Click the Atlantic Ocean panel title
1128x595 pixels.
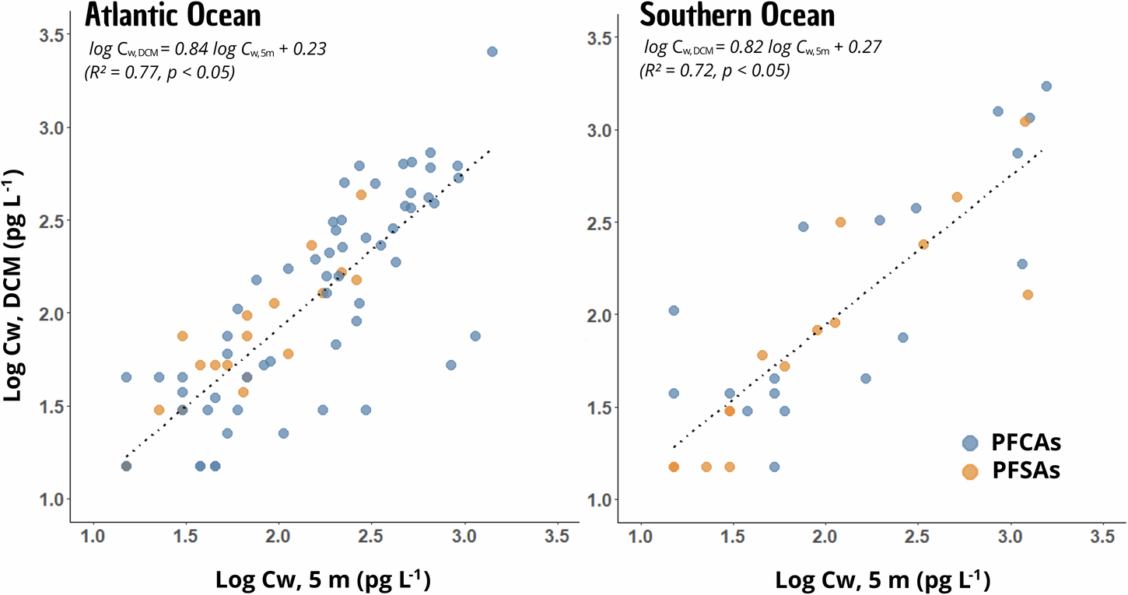pos(173,16)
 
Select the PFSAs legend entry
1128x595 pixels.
pos(1026,471)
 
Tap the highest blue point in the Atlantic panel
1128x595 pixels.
pos(492,51)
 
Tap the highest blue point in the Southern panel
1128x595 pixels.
pos(1046,86)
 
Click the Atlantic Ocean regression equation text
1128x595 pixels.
pos(207,49)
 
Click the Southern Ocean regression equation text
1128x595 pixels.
pos(762,48)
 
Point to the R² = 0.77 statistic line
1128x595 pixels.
pos(159,73)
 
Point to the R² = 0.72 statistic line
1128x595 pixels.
pos(714,72)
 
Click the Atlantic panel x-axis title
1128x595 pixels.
pos(323,579)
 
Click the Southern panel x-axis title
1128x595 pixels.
pos(882,579)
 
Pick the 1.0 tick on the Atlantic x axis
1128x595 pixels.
pos(93,537)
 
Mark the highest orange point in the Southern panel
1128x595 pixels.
pos(1025,121)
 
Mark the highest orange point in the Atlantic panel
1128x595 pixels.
pos(361,194)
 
